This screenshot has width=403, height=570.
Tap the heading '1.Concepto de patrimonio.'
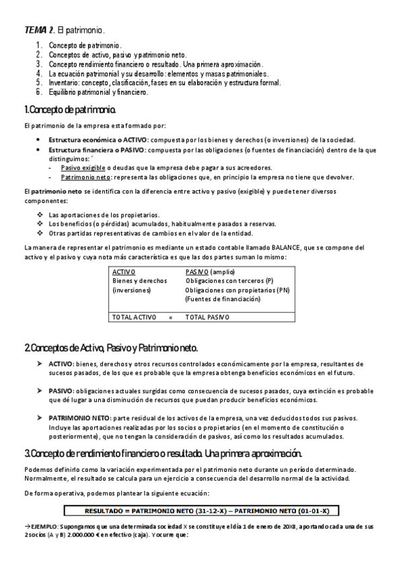(71, 109)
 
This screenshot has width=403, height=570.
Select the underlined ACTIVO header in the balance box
(124, 271)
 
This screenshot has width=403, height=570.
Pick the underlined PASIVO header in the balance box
(197, 271)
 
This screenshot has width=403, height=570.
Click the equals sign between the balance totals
(170, 316)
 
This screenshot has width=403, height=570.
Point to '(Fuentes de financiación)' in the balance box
(222, 299)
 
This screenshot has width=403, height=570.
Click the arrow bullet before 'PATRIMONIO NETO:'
(39, 417)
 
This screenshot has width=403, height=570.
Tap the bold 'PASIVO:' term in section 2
(62, 391)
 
